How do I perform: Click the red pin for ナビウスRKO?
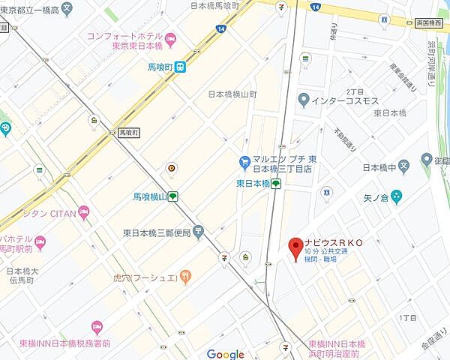(x=295, y=247)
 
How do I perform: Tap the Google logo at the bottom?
(x=226, y=355)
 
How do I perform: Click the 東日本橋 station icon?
(x=276, y=183)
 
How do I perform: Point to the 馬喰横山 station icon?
(x=173, y=196)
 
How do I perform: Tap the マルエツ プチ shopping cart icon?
(x=244, y=160)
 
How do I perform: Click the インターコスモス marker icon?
(x=303, y=99)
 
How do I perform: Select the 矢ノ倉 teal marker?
(x=396, y=196)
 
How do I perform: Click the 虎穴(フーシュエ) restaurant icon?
(x=185, y=277)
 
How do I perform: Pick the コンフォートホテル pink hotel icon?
(x=171, y=37)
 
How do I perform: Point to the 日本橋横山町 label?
(x=232, y=95)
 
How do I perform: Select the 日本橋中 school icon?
(x=403, y=166)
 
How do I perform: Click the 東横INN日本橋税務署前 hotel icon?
(x=96, y=327)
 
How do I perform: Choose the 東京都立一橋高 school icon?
(x=67, y=10)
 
